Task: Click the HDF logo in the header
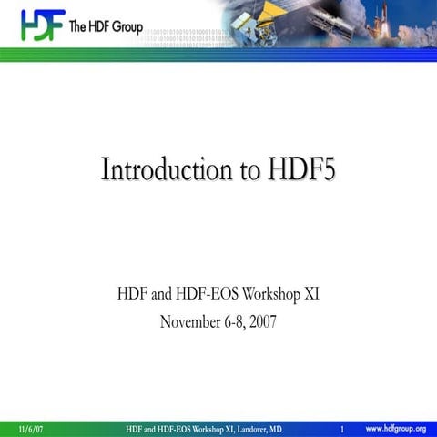(42, 25)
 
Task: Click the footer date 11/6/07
(30, 428)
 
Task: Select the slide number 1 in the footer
(340, 428)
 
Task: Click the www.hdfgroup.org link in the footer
(395, 428)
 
